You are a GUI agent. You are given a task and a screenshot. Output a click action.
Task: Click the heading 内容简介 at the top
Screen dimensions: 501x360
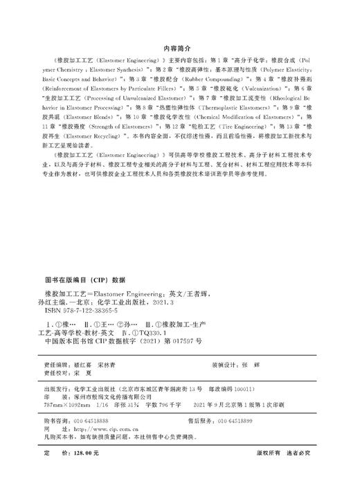point(180,50)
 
